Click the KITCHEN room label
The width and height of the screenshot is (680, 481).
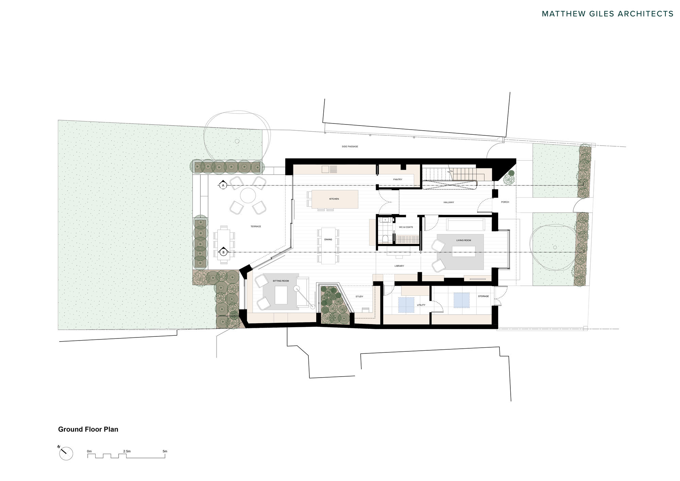click(334, 199)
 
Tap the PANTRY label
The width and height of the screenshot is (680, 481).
click(397, 179)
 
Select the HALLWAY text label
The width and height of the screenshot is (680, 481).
click(448, 202)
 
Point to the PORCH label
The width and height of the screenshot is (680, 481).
click(505, 202)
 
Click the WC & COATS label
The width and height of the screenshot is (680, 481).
click(406, 227)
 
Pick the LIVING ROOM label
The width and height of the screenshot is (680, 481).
click(463, 240)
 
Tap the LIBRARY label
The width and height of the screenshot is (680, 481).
click(399, 266)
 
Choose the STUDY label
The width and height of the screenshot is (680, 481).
click(359, 297)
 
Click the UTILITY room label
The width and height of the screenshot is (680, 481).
click(421, 305)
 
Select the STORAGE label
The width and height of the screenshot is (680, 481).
click(483, 296)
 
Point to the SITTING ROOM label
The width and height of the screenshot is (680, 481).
click(280, 281)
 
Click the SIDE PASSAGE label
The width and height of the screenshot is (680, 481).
click(350, 147)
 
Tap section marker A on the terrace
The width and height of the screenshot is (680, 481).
click(223, 185)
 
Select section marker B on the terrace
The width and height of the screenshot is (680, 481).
click(223, 252)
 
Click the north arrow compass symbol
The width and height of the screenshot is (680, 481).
click(66, 453)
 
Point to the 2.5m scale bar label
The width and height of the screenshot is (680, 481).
click(126, 451)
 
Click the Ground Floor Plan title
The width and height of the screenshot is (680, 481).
click(88, 429)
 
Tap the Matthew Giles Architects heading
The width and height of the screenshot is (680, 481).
click(607, 14)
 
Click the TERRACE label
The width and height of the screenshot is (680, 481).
click(256, 227)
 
